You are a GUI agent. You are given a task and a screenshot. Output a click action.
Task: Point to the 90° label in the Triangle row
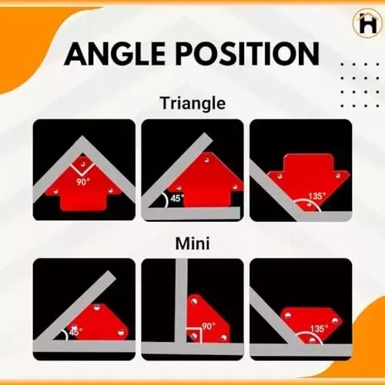tap(83, 182)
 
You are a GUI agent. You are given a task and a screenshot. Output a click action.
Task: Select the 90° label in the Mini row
tap(207, 326)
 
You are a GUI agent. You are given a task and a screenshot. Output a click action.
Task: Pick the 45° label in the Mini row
tap(75, 332)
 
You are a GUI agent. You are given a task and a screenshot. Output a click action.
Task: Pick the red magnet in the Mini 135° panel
tap(308, 323)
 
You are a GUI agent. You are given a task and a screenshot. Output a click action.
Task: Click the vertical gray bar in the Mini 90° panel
tap(180, 300)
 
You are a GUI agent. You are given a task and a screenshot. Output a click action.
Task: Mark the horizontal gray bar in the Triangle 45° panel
tap(192, 214)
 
